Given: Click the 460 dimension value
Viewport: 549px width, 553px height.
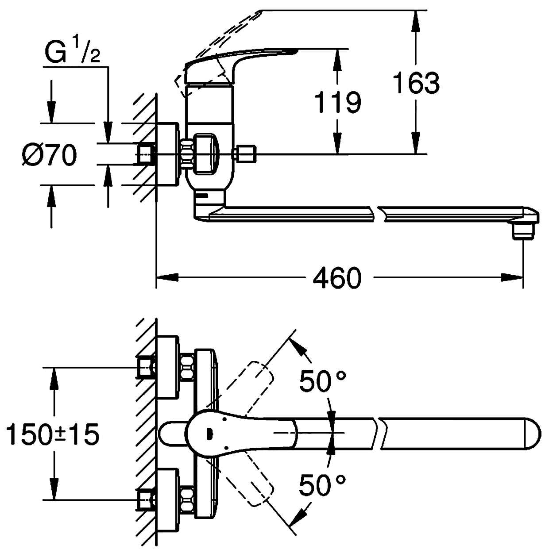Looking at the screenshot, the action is [336, 278].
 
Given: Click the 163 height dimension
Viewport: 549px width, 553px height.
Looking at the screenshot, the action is [416, 83].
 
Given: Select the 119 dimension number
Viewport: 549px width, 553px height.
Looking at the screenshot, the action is [337, 102].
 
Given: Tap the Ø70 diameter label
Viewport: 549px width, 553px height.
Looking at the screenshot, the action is [50, 155].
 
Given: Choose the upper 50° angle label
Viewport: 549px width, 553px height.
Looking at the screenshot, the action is [322, 381].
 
